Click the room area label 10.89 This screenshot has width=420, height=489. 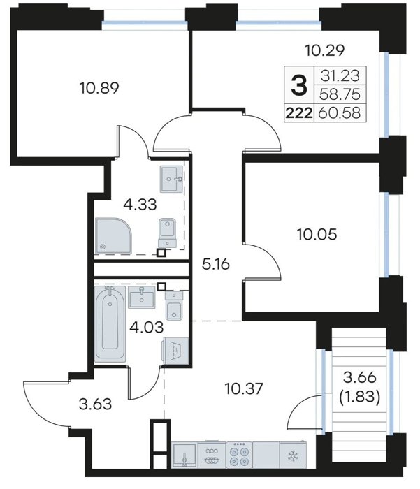point(99,88)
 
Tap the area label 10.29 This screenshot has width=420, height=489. point(325,50)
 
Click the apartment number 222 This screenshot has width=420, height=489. point(299,112)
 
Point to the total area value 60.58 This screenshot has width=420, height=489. point(340,112)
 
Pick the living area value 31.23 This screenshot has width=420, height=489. point(340,75)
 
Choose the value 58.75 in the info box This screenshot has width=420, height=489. point(340,94)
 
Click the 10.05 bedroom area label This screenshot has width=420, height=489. point(317,234)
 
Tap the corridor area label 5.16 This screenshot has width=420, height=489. point(216,265)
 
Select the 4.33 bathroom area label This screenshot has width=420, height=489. point(140,205)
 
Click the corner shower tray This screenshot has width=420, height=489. point(113,236)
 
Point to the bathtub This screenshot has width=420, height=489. point(110,324)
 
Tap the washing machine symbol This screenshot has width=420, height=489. point(175,351)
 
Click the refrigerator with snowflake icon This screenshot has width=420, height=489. point(293,455)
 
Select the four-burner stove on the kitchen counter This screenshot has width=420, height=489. point(239,455)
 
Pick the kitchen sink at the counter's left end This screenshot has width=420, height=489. point(184,455)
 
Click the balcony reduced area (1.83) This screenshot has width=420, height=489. point(359,397)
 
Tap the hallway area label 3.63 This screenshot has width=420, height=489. point(95,404)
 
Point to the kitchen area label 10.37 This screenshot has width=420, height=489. point(244,389)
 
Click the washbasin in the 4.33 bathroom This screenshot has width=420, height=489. point(171,179)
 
